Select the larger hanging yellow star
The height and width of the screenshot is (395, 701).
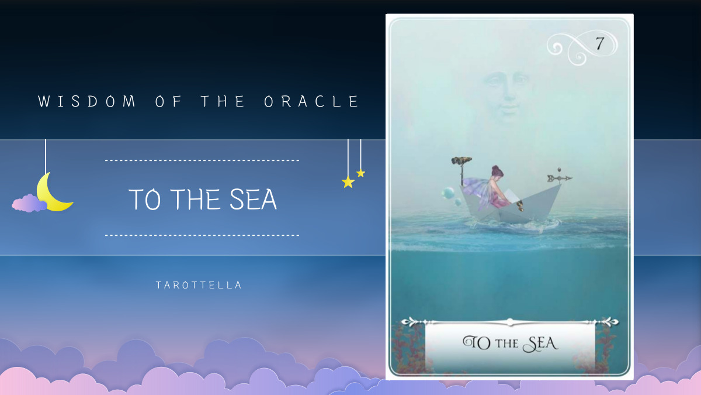pyautogui.click(x=348, y=182)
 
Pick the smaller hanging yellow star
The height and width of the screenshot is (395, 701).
pyautogui.click(x=360, y=173)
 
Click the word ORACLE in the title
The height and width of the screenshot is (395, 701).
pyautogui.click(x=311, y=102)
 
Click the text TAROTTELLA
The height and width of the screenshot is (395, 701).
pyautogui.click(x=199, y=286)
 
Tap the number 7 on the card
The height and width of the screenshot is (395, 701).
pyautogui.click(x=599, y=43)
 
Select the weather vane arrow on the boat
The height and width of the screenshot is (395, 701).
pyautogui.click(x=560, y=178)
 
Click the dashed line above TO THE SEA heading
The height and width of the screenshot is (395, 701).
pyautogui.click(x=202, y=160)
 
